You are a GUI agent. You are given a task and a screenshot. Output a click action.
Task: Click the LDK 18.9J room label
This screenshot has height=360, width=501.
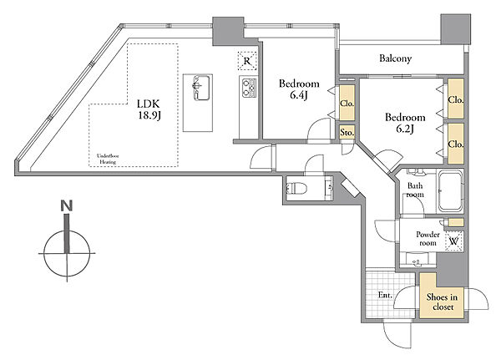pos(149,109)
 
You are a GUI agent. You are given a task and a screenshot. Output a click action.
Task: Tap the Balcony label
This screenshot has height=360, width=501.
pos(395,58)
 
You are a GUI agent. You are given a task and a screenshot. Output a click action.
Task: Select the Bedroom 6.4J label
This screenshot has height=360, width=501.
pos(299,89)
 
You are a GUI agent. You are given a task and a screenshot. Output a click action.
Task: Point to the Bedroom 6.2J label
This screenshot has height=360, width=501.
pos(405,123)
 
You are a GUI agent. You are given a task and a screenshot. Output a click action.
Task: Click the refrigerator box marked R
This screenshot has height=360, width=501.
pos(247,61)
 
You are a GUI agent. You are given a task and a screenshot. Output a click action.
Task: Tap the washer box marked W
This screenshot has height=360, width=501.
pos(454,241)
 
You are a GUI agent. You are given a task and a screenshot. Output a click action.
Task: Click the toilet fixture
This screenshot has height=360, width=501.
pos(296,188)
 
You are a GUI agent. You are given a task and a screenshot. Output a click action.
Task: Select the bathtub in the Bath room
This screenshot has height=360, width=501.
pos(450,191)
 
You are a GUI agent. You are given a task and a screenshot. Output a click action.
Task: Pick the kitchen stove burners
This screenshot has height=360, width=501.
pos(249,88)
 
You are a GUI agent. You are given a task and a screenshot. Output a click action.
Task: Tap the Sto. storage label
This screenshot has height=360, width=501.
pos(347,132)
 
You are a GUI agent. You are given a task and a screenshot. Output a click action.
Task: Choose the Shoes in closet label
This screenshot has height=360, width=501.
pos(443,302)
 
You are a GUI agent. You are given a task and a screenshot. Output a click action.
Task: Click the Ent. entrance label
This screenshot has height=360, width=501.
pos(385,295)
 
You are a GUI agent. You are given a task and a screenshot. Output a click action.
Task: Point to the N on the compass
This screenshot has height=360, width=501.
pos(67,205)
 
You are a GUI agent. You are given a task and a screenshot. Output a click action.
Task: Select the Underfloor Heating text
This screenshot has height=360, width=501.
pos(108,159)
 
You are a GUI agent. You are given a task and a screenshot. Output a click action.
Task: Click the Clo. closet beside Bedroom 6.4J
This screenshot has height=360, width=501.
pos(347,103)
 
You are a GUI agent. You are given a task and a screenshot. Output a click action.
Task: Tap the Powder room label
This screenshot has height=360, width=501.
pos(428,239)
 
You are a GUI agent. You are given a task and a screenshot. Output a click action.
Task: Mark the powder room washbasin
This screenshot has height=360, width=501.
pos(417,260)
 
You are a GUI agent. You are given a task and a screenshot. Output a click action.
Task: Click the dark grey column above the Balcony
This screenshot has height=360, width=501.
pos(456,28)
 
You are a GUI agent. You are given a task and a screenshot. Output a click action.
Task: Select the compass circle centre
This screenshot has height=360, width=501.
pos(67,253)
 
